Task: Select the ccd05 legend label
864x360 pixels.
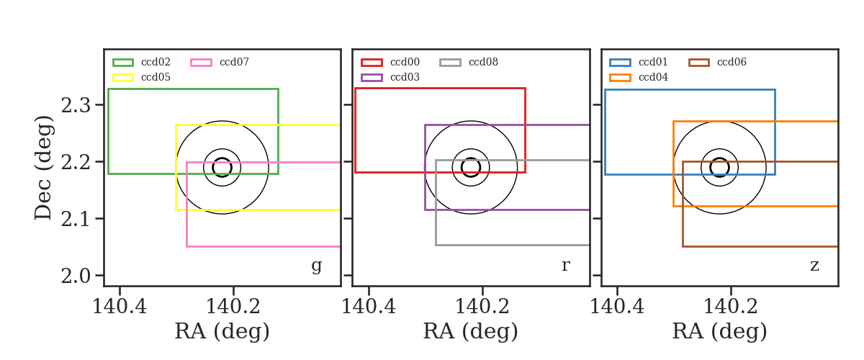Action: click(156, 77)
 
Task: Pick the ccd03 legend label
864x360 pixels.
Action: click(405, 77)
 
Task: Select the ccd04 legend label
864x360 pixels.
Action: click(654, 77)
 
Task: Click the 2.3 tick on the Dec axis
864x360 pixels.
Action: click(76, 105)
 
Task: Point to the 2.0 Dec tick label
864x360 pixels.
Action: click(76, 276)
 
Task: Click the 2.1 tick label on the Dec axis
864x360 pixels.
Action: click(76, 219)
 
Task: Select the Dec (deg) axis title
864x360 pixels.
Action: click(43, 168)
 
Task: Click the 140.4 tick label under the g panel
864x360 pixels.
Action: click(120, 307)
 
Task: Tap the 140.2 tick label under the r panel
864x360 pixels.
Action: click(482, 307)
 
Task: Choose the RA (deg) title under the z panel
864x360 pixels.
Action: click(720, 331)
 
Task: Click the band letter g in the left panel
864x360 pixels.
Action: click(316, 266)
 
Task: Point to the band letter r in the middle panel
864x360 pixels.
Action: click(565, 266)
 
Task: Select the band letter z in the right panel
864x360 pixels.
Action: click(814, 266)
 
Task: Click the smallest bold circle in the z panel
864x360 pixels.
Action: click(720, 158)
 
